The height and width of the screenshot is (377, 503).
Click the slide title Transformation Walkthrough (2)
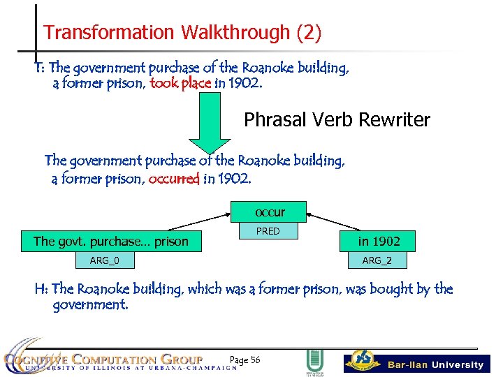click(x=182, y=32)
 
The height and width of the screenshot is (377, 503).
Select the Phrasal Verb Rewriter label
click(x=337, y=120)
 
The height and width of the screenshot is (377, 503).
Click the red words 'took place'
click(x=180, y=84)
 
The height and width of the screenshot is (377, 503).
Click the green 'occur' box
click(x=270, y=212)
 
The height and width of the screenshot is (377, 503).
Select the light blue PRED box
click(x=268, y=230)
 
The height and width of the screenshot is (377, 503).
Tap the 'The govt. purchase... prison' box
click(x=111, y=242)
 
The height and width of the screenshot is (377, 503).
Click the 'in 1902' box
click(x=379, y=242)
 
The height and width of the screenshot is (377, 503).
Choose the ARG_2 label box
click(x=377, y=260)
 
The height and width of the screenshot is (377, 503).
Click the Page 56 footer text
click(x=245, y=360)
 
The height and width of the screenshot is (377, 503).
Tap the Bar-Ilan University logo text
click(x=435, y=364)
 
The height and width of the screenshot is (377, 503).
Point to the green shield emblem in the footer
click(x=314, y=362)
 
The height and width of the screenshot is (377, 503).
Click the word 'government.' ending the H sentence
click(x=91, y=304)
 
